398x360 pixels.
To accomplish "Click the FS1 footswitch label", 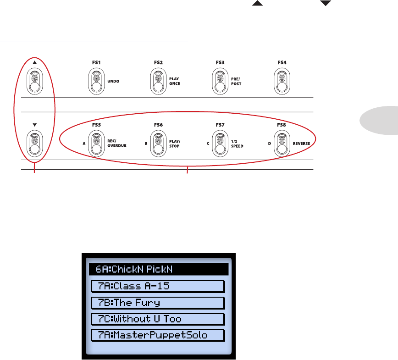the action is click(96, 62).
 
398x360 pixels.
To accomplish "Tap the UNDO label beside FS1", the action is click(113, 81).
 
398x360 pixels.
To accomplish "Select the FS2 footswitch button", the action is click(158, 81).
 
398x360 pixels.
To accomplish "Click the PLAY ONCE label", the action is click(175, 81).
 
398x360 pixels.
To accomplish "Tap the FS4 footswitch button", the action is click(282, 81).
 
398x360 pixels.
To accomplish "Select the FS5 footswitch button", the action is click(96, 144).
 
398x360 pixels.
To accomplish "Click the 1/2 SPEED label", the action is click(238, 144).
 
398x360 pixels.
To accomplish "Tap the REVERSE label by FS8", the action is click(301, 144).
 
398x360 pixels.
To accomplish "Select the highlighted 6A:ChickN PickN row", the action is click(158, 269).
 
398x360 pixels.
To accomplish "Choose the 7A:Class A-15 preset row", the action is click(158, 286).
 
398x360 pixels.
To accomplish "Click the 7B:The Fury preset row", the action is click(158, 303).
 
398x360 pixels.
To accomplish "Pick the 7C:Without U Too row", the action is click(158, 319).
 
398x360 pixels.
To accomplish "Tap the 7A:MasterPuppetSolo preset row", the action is click(158, 335).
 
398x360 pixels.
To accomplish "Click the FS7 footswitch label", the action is click(220, 124).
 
